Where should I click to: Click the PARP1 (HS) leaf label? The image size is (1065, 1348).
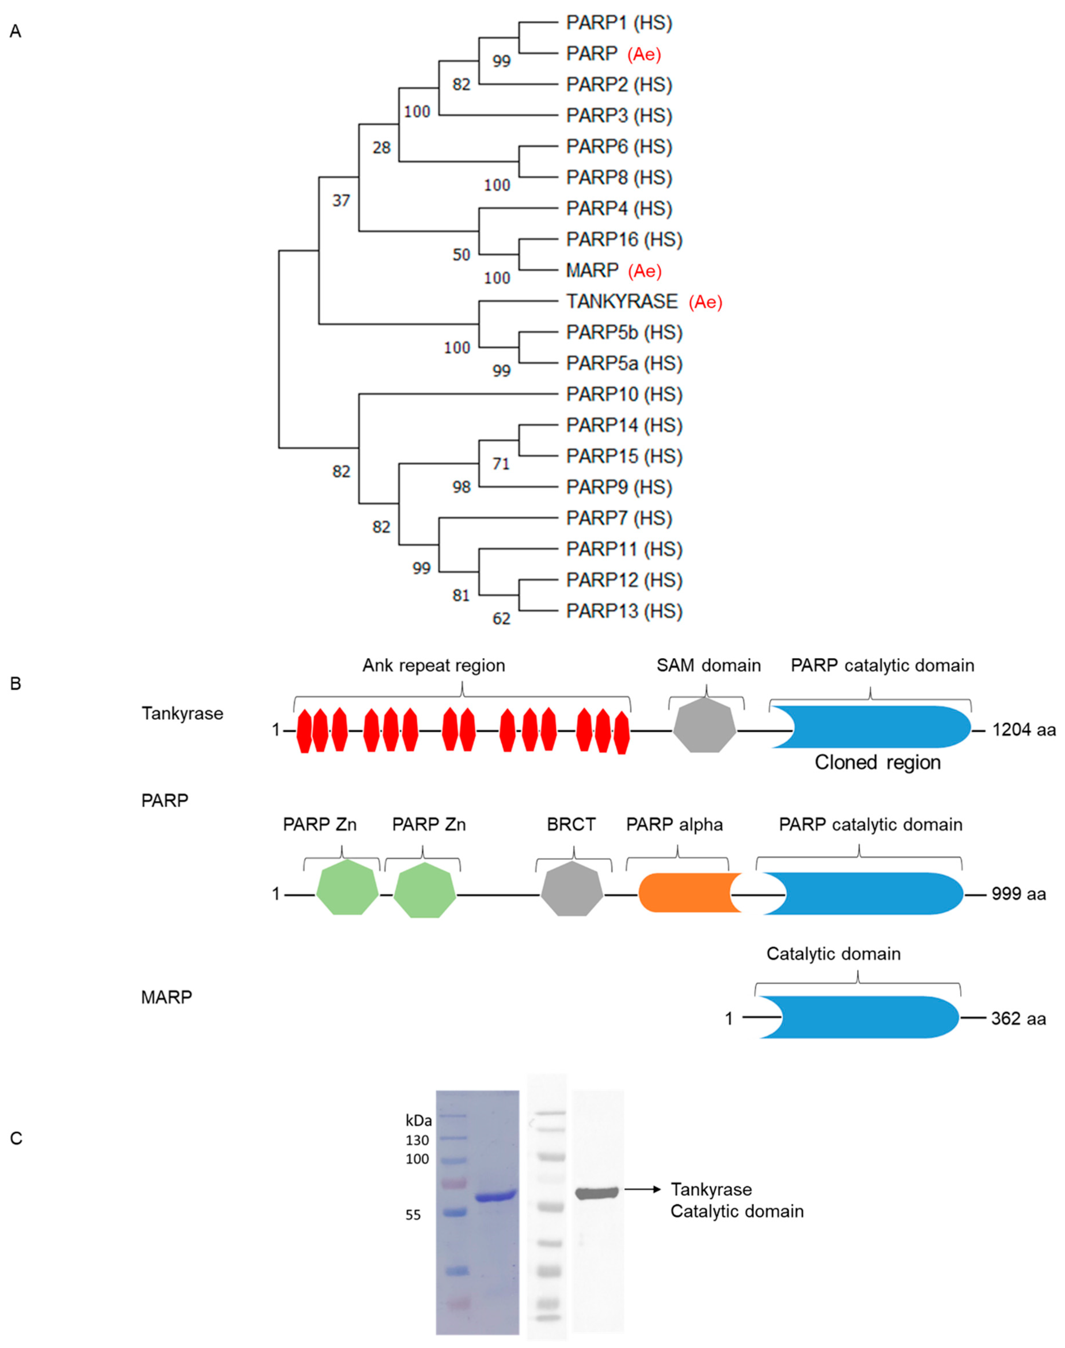(x=618, y=23)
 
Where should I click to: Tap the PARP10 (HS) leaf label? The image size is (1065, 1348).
(x=624, y=395)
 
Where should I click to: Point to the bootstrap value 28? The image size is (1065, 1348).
(x=381, y=148)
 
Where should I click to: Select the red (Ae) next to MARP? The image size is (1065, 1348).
(x=644, y=271)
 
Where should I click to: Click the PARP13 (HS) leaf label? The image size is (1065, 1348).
(x=624, y=611)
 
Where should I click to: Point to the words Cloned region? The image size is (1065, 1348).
(x=877, y=763)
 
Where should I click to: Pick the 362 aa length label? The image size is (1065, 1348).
(x=1018, y=1019)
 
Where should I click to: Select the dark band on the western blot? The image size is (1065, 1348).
(x=596, y=1193)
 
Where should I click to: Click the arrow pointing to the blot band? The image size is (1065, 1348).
(x=642, y=1190)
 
